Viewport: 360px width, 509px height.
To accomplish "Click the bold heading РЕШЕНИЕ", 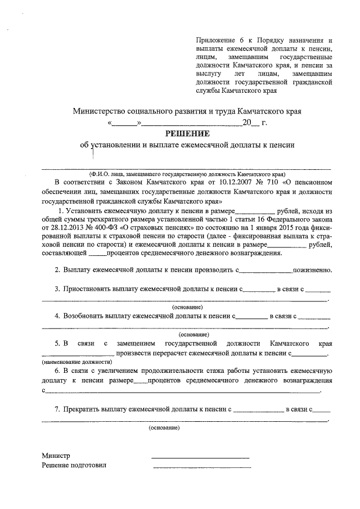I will [x=187, y=133].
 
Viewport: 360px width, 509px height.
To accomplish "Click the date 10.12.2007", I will [x=215, y=183].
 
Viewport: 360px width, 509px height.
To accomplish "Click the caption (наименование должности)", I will [x=74, y=363].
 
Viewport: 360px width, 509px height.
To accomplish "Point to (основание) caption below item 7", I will [x=164, y=428].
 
